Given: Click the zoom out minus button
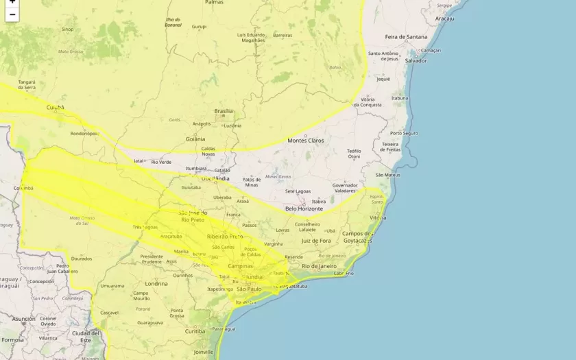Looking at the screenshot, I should [x=12, y=14].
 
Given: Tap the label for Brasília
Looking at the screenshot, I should [x=224, y=111].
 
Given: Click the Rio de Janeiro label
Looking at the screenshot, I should [x=318, y=265].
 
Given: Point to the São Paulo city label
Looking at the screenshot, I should [x=244, y=289].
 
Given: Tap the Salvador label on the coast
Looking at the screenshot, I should [x=416, y=60].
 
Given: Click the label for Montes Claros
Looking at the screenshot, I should [x=306, y=141].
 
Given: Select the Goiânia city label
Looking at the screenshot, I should [x=195, y=139].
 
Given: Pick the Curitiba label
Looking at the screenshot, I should [x=195, y=331].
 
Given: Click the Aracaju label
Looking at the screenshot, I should [x=444, y=19].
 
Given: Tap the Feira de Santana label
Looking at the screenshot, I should [x=406, y=36].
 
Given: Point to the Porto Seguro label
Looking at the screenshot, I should [x=404, y=133].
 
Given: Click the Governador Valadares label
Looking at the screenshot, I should [x=345, y=188].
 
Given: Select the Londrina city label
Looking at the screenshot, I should [x=156, y=283].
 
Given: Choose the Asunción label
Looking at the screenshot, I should [x=23, y=319].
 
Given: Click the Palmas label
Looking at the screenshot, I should [x=214, y=3].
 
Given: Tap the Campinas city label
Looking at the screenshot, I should [x=241, y=265].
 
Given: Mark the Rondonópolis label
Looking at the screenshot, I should [x=85, y=134].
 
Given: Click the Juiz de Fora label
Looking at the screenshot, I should [x=316, y=240].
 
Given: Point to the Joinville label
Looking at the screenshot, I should [x=203, y=352].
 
